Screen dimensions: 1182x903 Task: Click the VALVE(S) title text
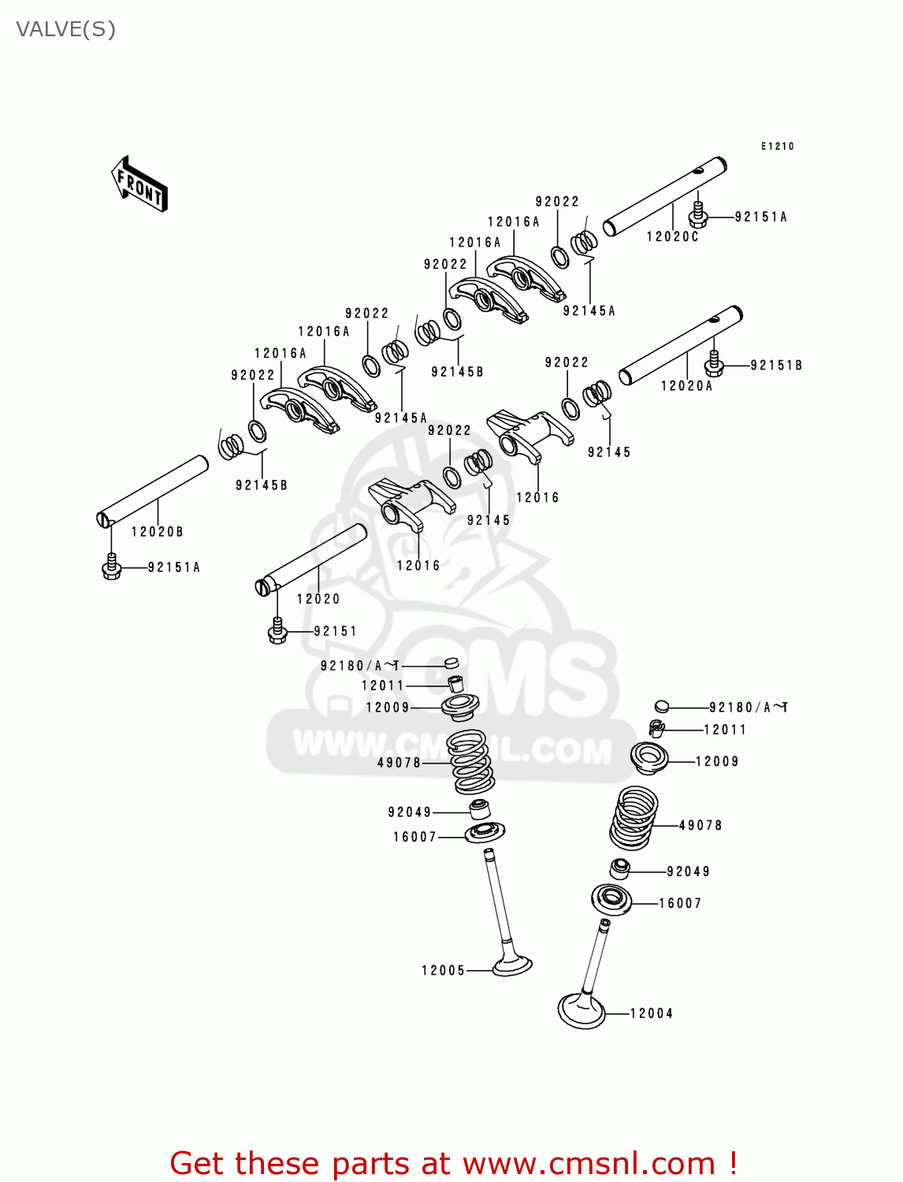(x=65, y=29)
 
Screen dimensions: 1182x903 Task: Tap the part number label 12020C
(x=672, y=236)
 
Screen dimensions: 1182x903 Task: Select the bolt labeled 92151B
(x=714, y=363)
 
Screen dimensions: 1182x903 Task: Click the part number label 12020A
(x=686, y=385)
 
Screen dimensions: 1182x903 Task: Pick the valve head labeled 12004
(x=582, y=1010)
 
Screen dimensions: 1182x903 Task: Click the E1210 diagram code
(x=778, y=146)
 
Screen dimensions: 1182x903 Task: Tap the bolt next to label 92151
(x=277, y=631)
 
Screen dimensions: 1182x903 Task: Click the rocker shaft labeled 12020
(x=313, y=559)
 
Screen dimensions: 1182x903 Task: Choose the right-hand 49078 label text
(x=700, y=825)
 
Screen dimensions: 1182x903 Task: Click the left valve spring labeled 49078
(x=470, y=762)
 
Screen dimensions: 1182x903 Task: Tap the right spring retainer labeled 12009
(x=649, y=757)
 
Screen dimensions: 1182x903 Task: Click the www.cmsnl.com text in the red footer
(x=589, y=1164)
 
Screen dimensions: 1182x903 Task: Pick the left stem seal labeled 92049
(x=479, y=809)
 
